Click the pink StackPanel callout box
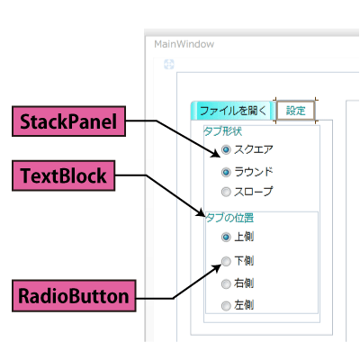pos(68,121)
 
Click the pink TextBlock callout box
pos(64,175)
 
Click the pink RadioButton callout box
pos(74,296)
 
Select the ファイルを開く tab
pos(233,111)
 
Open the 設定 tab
pos(295,111)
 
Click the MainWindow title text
pos(184,44)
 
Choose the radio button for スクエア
pos(226,149)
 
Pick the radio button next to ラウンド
pos(226,172)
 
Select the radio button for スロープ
pos(226,192)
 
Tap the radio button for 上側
pos(226,237)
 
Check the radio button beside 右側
pos(226,283)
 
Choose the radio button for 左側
pos(226,306)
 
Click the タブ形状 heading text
pos(223,131)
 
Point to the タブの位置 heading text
pos(229,218)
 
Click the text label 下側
pos(244,261)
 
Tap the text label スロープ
pos(254,192)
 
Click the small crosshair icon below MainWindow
pos(169,64)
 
